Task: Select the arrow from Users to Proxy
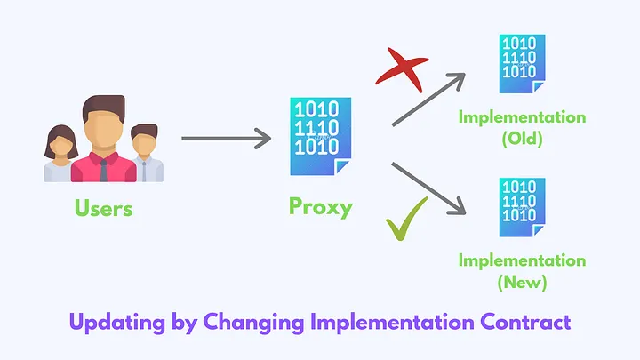226,139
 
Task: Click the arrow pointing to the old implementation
428,98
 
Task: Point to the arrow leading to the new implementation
428,189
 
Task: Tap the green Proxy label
320,207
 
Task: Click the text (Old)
522,140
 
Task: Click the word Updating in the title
115,321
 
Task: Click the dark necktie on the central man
105,168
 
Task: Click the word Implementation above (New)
522,260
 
